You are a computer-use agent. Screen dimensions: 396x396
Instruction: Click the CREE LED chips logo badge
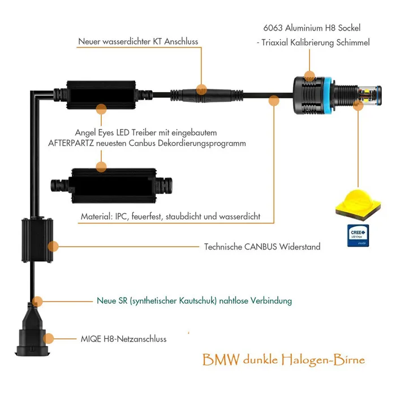358,235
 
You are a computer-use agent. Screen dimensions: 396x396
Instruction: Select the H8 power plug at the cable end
32,333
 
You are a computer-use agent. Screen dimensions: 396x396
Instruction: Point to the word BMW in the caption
221,359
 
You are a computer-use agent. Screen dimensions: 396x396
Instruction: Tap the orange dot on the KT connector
201,89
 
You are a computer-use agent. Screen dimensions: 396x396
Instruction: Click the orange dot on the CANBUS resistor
53,246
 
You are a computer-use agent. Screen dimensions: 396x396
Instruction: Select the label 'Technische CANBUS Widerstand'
262,247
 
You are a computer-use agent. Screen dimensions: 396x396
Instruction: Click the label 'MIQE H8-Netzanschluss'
123,339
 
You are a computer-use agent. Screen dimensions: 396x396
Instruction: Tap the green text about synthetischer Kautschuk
194,301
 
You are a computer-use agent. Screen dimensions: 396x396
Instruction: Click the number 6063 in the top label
273,28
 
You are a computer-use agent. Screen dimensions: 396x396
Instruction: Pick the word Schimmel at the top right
353,42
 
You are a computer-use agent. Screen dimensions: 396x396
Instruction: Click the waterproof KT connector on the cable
206,96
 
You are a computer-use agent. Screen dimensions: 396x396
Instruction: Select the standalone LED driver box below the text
111,186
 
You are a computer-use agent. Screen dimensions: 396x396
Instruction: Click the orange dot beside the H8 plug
48,339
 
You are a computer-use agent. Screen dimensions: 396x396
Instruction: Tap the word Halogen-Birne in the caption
323,360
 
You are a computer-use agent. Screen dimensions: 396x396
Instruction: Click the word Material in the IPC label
97,217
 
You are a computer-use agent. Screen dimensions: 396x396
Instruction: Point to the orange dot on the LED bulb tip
358,105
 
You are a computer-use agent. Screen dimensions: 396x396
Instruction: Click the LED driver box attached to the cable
103,95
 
